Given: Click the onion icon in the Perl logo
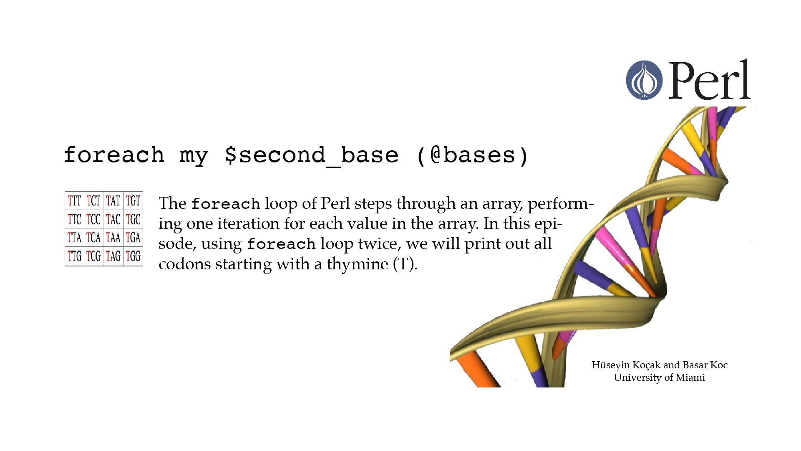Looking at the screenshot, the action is (x=644, y=80).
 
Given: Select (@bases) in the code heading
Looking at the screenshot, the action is (x=472, y=155).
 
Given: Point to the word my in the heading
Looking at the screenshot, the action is (x=194, y=157).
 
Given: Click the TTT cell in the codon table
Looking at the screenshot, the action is (x=75, y=201).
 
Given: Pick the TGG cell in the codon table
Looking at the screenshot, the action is (x=133, y=256).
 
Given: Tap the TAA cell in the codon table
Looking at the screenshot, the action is (x=113, y=238).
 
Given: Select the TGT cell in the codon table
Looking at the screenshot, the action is (x=133, y=201).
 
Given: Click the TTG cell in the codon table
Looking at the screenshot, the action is (x=75, y=256).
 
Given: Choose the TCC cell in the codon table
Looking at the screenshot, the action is (x=93, y=219).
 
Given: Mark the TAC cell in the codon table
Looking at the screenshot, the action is (x=113, y=219).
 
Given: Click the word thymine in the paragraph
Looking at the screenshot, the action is (x=358, y=264).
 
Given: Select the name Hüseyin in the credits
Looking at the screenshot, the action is (x=610, y=365).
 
